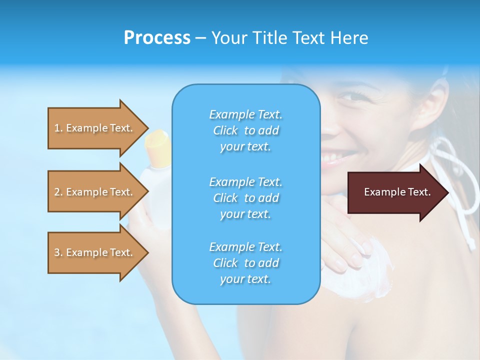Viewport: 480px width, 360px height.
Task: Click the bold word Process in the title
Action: [157, 38]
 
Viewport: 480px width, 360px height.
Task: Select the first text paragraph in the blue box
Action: [245, 130]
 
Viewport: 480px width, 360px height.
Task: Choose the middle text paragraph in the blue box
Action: [245, 197]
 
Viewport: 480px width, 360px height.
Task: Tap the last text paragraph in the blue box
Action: [245, 263]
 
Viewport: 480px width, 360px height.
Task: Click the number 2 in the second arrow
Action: [57, 192]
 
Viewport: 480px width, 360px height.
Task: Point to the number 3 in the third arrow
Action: [57, 252]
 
